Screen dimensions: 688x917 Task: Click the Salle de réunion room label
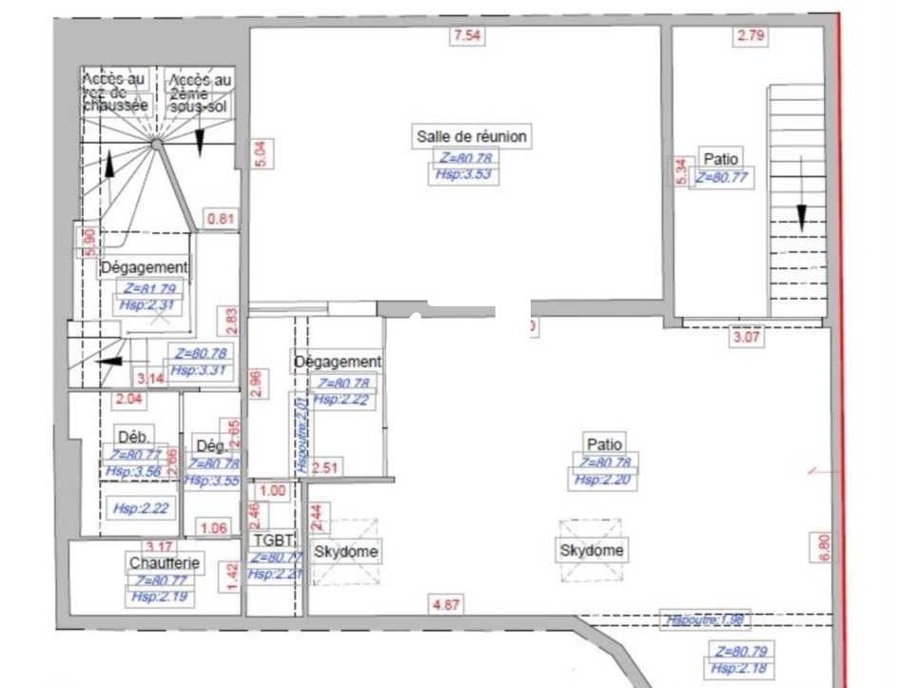click(471, 136)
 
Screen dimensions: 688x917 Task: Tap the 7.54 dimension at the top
click(467, 37)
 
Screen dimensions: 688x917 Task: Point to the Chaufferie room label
click(165, 562)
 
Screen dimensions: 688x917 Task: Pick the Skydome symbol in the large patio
click(591, 550)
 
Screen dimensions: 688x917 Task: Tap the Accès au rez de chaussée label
click(115, 92)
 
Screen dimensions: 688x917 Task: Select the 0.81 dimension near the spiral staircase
click(221, 219)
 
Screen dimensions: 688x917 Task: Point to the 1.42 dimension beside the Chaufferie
click(229, 577)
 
